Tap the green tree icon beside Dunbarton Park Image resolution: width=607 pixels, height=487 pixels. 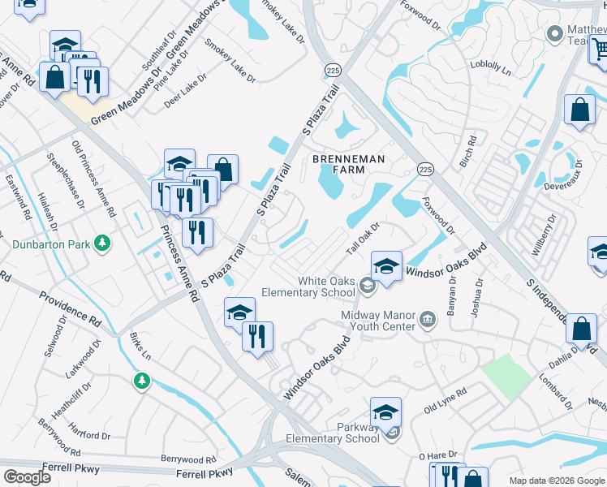coord(102,243)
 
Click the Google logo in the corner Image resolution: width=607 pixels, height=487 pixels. coord(27,476)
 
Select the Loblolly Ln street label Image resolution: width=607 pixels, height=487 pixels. coord(494,70)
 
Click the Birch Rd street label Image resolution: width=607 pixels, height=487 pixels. coord(468,152)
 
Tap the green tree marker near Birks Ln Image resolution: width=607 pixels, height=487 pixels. coord(142,380)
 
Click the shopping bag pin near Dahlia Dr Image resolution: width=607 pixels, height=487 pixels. coord(581,329)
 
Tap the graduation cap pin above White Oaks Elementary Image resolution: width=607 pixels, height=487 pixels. coord(386,266)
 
